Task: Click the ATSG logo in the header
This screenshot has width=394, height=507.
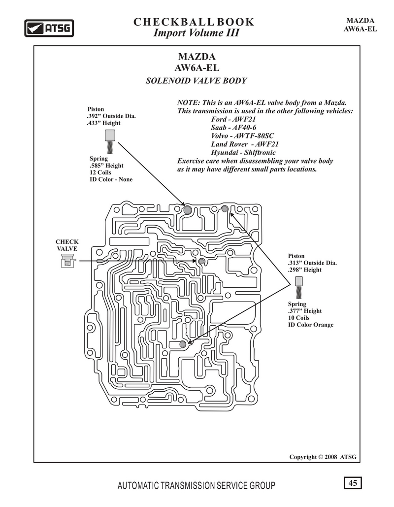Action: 49,28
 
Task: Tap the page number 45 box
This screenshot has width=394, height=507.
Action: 353,483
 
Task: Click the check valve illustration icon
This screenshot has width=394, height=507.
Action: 68,261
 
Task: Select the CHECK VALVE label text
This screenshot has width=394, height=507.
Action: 67,245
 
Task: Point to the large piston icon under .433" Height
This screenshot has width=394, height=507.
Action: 110,141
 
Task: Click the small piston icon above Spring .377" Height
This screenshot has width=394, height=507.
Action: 299,287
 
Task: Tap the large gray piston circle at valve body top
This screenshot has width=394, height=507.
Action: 188,210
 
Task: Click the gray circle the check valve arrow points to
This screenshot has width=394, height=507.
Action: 202,261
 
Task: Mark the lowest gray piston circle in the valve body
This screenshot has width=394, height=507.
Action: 183,344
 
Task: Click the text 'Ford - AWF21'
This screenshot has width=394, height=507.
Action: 233,119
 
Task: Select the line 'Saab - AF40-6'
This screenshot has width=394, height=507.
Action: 233,128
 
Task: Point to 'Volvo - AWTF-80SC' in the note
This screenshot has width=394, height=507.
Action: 242,136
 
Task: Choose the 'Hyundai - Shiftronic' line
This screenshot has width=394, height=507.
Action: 243,153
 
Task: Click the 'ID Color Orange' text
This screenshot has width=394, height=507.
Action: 311,325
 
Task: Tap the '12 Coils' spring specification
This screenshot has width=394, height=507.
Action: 100,172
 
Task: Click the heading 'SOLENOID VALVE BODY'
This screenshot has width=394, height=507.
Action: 196,80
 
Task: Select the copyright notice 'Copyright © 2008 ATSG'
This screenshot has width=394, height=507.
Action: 323,457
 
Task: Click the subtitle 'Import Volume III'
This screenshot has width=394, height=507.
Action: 196,33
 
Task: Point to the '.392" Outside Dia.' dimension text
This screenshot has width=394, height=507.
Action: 111,116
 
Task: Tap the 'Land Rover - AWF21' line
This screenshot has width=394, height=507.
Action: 245,144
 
